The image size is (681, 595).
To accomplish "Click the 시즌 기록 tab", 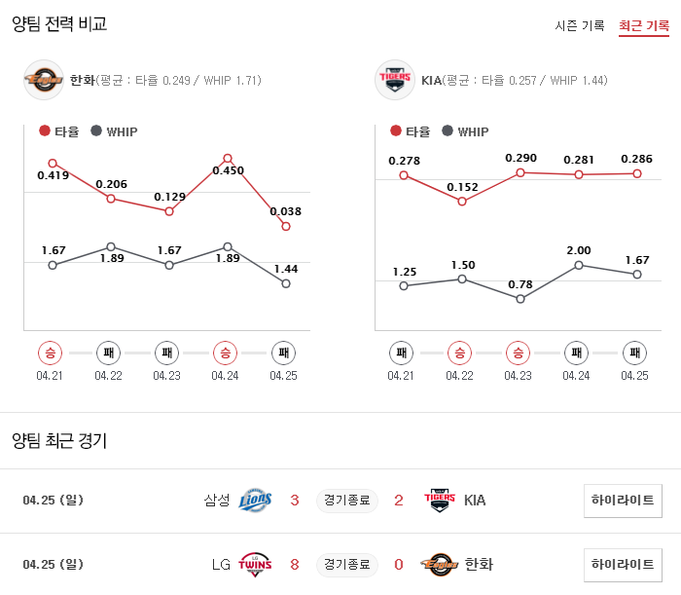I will [x=580, y=25].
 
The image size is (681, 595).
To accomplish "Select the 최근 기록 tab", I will [x=644, y=25].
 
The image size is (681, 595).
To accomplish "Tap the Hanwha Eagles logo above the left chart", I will [x=44, y=80].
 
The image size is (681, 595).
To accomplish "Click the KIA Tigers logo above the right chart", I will [x=395, y=80].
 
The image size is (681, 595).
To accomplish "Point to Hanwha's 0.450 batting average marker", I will [x=228, y=158].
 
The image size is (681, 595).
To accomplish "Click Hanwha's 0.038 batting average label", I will [x=285, y=211].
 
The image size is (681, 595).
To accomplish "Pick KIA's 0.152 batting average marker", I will [x=462, y=202].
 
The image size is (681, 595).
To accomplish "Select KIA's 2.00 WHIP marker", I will [x=579, y=264].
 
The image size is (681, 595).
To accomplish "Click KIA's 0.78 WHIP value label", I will [x=520, y=283].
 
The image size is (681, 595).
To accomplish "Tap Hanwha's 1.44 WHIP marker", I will [x=286, y=283].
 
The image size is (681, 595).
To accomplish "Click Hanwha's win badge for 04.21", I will [x=50, y=352].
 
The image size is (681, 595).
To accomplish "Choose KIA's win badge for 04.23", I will [x=519, y=352].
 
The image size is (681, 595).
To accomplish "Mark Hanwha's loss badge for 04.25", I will [x=283, y=352].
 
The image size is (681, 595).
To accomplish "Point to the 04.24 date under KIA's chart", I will [x=577, y=375].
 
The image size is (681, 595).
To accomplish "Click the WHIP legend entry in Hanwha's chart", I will [x=114, y=131].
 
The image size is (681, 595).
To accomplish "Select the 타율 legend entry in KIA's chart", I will [x=410, y=131].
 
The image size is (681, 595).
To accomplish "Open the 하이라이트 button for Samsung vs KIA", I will [x=623, y=501].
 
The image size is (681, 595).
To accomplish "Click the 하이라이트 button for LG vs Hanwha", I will [x=623, y=564].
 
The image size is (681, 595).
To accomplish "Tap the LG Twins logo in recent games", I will [x=255, y=564].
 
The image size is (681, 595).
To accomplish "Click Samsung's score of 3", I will [x=295, y=501].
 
